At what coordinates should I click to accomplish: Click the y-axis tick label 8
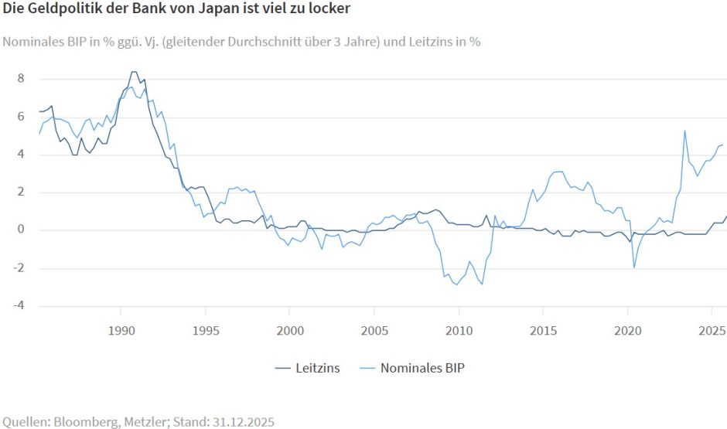[21, 79]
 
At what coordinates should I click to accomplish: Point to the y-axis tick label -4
[19, 306]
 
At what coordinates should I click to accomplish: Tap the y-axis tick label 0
[21, 230]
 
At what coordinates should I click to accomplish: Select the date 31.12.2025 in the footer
[241, 421]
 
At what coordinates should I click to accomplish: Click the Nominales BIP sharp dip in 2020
[634, 267]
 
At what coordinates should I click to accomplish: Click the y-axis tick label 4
[21, 155]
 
